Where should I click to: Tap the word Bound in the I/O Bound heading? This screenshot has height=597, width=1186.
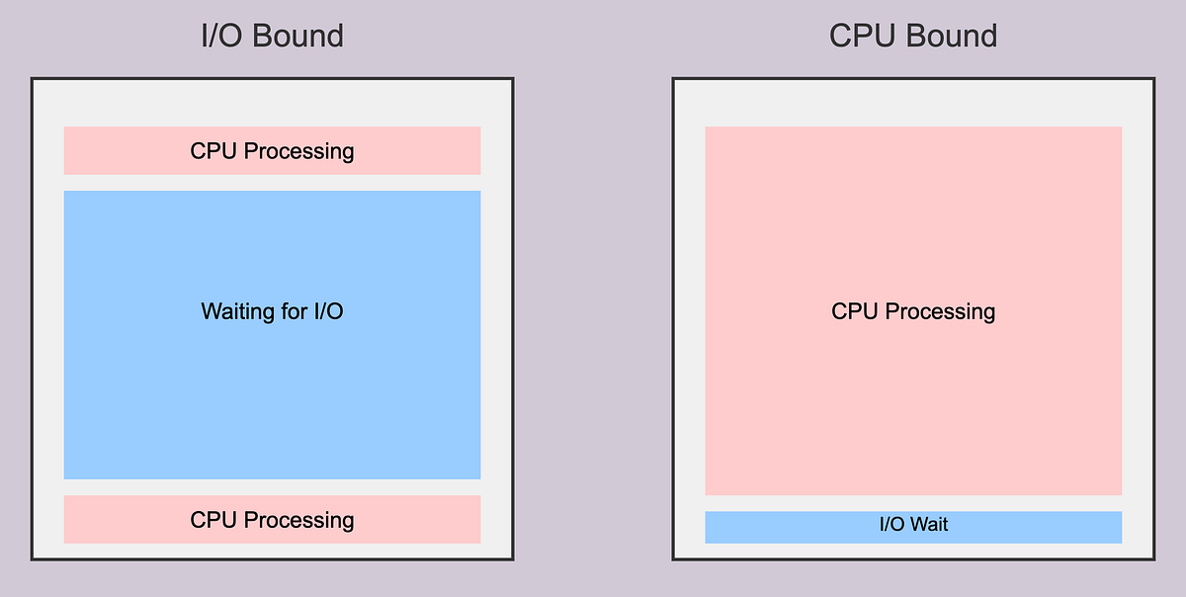pyautogui.click(x=299, y=37)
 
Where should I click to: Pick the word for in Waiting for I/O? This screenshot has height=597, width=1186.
pyautogui.click(x=294, y=312)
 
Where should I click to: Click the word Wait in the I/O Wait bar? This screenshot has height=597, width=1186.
pyautogui.click(x=929, y=525)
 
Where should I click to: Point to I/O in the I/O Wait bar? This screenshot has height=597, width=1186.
pyautogui.click(x=892, y=525)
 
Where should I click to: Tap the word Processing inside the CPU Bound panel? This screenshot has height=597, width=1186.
pyautogui.click(x=940, y=312)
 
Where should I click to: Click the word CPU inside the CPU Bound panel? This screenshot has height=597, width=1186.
pyautogui.click(x=855, y=312)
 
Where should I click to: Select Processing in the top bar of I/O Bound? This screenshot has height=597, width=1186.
pyautogui.click(x=298, y=151)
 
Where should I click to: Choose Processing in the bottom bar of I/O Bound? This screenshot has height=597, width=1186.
pyautogui.click(x=298, y=521)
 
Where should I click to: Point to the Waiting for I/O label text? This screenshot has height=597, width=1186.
pyautogui.click(x=272, y=312)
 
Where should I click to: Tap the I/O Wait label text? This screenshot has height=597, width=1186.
pyautogui.click(x=913, y=525)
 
